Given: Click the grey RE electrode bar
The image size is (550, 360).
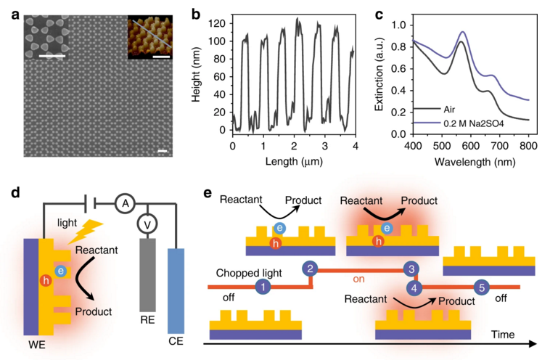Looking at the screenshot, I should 148,275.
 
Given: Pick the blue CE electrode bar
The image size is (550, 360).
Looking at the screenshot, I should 177,289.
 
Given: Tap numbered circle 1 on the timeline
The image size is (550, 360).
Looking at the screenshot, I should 263,287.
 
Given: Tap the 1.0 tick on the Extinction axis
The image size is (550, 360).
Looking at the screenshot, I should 396,25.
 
